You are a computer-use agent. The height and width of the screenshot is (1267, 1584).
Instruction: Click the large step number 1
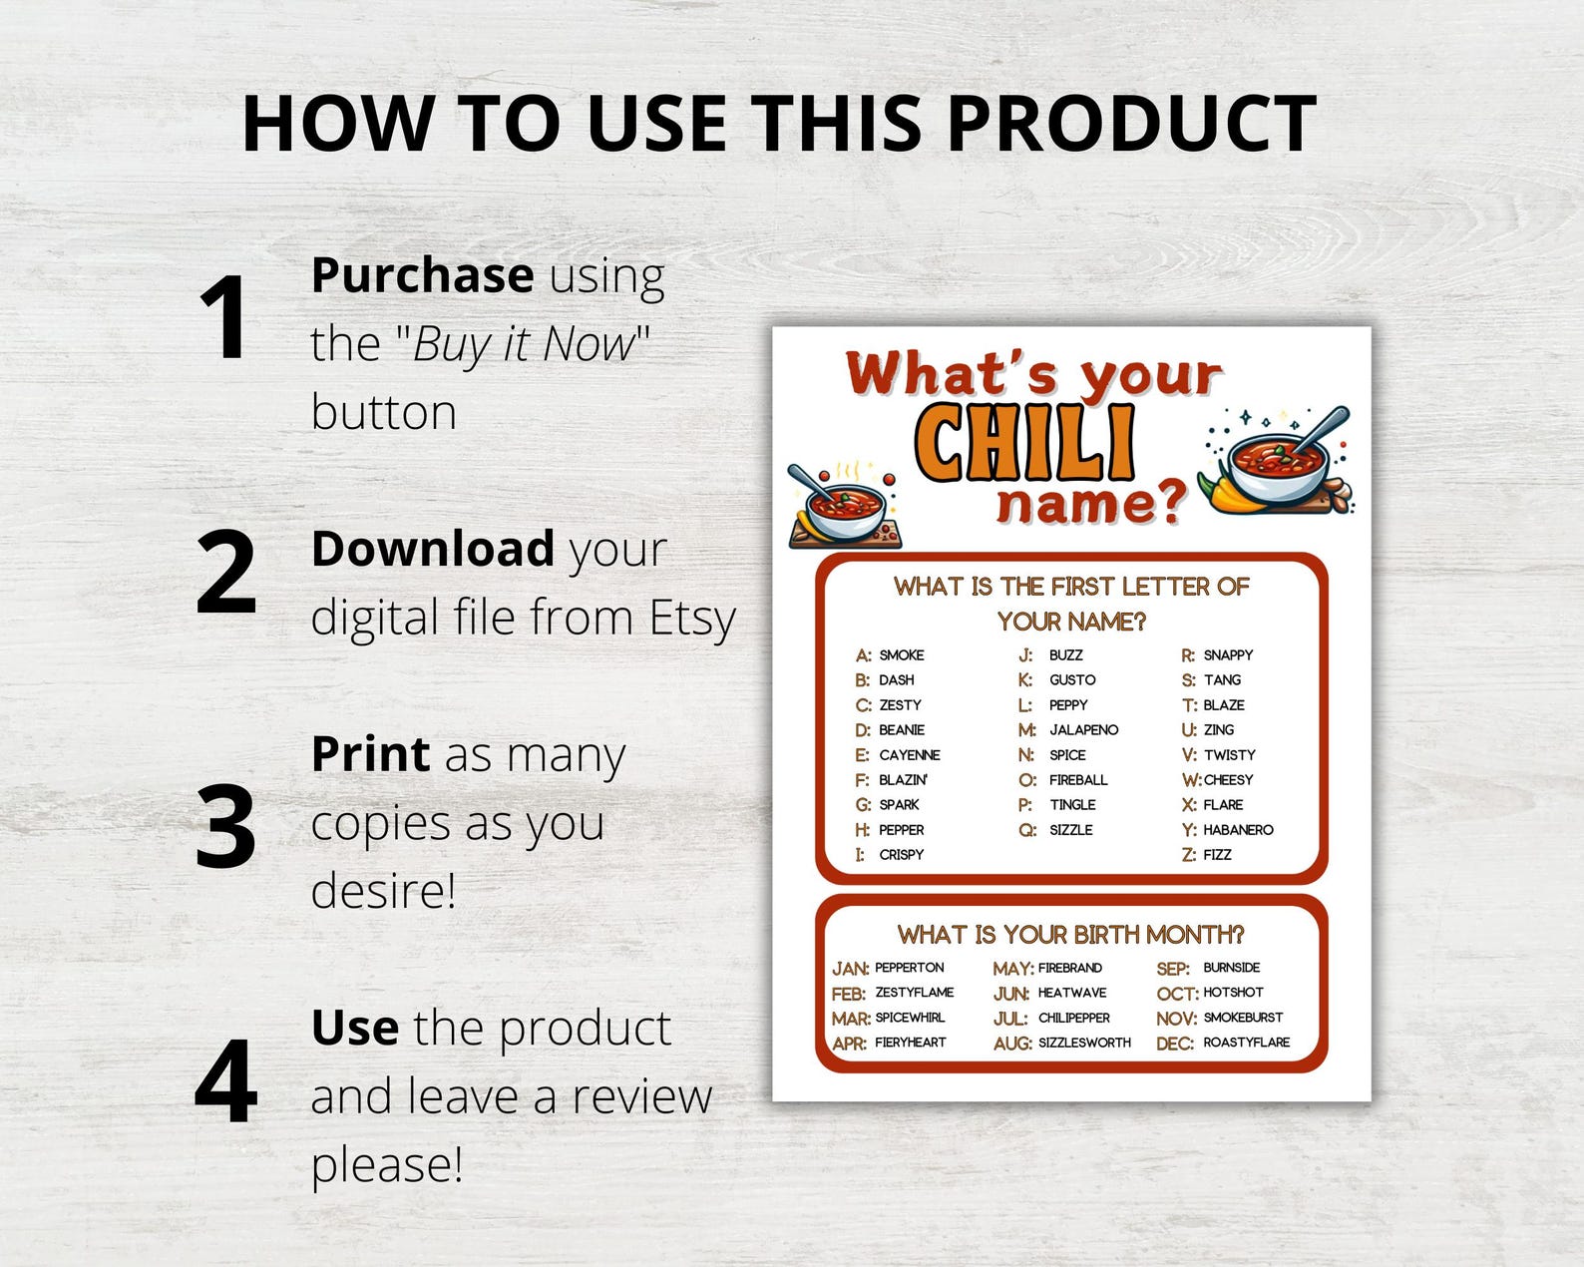(223, 317)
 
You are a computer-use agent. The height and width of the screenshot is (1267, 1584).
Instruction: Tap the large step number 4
(226, 1081)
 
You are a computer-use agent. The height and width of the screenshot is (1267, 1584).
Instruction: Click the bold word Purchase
(422, 275)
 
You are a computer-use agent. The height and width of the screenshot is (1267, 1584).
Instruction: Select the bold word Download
(432, 549)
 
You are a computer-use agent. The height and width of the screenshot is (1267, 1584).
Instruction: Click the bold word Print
(370, 754)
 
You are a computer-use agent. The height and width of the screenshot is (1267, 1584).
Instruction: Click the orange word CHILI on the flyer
(1024, 442)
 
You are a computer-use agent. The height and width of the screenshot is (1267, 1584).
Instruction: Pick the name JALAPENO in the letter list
(1083, 730)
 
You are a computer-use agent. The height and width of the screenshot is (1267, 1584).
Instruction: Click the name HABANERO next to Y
(1238, 830)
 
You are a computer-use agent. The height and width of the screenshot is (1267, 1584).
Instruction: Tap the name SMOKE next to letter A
(901, 655)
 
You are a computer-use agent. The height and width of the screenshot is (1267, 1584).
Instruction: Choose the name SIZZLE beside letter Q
(1070, 830)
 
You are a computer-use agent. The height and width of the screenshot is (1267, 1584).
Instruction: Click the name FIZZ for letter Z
(1217, 855)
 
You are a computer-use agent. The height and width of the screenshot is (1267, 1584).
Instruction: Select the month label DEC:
(1174, 1044)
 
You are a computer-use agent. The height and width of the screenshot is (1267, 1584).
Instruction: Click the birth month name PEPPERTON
(909, 968)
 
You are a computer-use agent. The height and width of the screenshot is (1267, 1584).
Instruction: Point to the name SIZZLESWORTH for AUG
(1084, 1043)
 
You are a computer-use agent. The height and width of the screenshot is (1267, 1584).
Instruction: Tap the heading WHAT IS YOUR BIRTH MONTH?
(1070, 935)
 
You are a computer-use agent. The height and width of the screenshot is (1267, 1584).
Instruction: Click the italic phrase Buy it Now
(523, 344)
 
